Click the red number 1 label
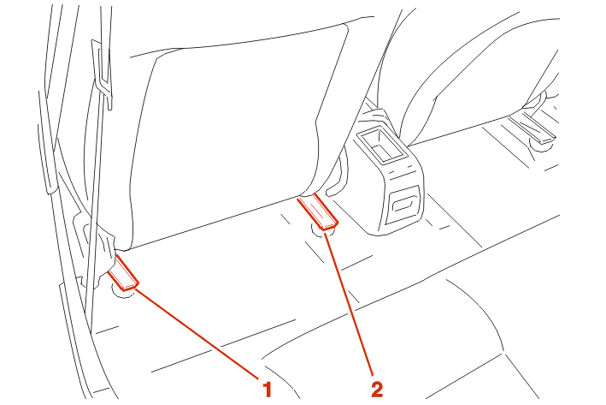coord(268,389)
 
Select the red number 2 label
coord(377,389)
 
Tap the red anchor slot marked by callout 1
coord(123,273)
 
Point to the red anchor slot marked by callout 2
coord(318,212)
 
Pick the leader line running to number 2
coord(349,303)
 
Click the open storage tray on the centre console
coord(381,144)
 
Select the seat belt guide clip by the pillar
coord(102,74)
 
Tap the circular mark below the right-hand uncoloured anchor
coord(541,146)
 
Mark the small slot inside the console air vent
coord(403,203)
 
